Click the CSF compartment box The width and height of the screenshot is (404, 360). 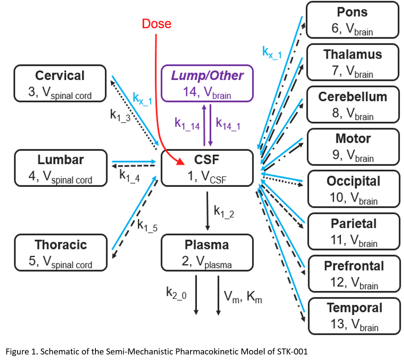pos(207,168)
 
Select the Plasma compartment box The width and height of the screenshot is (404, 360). pos(207,252)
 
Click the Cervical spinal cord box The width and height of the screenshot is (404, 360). pos(60,83)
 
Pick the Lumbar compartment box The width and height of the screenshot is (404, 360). pos(60,168)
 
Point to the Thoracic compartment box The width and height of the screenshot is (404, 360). pos(60,253)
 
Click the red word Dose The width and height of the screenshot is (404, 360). pos(157,24)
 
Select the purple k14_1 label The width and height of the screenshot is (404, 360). pos(228,123)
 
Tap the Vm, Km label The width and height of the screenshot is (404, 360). pos(243,297)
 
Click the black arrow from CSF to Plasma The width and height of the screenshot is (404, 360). pos(207,210)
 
